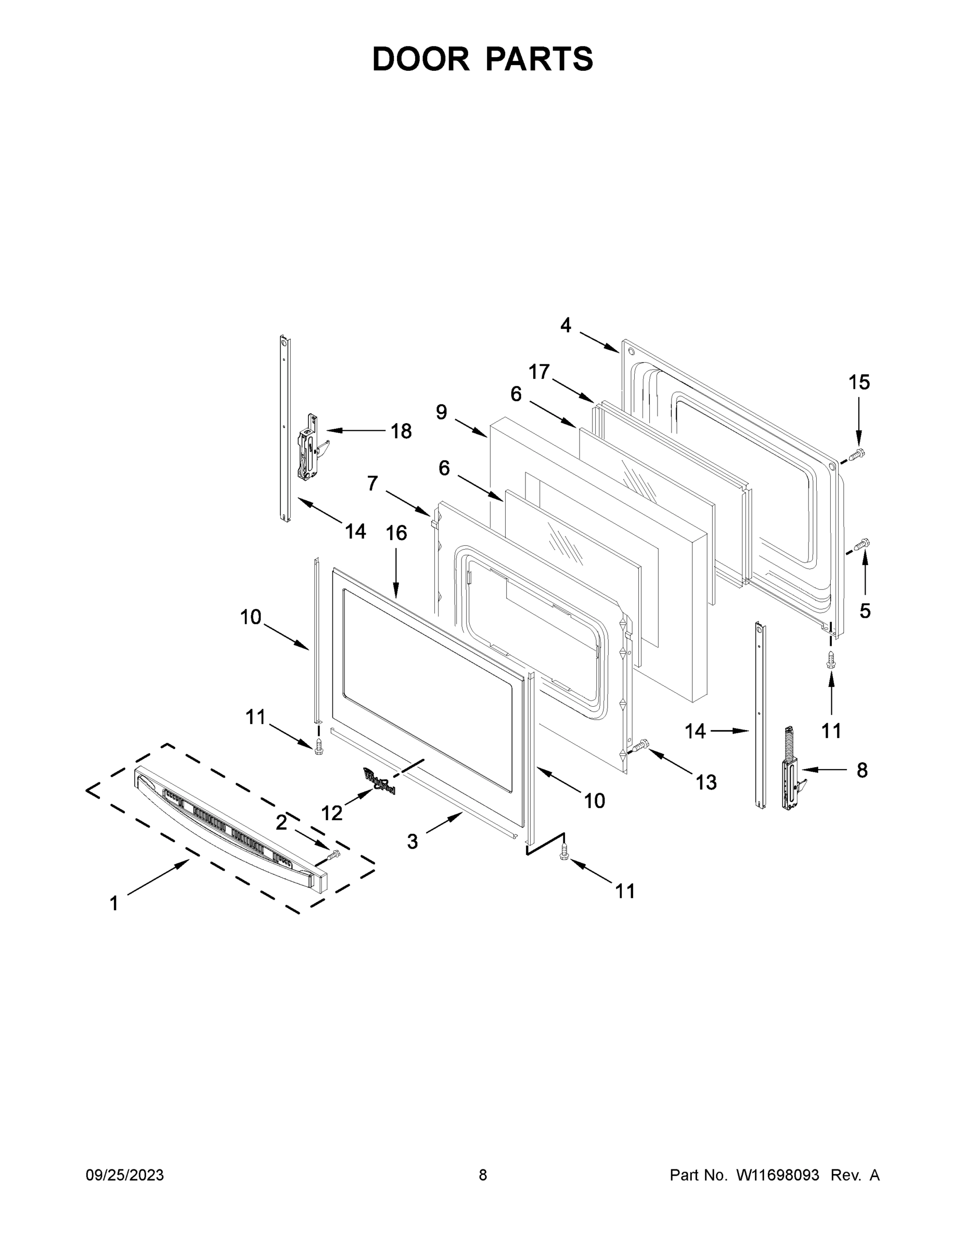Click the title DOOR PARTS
[483, 59]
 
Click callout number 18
[401, 431]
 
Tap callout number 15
[859, 382]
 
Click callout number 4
[565, 325]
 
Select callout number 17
[538, 372]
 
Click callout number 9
[441, 412]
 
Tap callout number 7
[372, 483]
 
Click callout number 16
[396, 533]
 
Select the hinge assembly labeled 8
[792, 769]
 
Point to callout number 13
[705, 782]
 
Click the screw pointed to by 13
[641, 745]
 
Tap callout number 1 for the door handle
[114, 903]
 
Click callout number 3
[412, 841]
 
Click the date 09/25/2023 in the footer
[125, 1175]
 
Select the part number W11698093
[778, 1175]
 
